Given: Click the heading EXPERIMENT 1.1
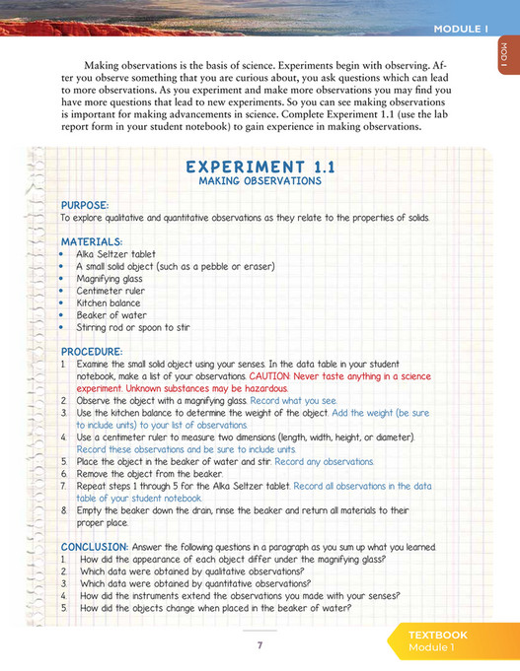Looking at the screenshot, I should tap(260, 167).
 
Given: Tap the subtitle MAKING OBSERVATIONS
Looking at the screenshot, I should tap(260, 181).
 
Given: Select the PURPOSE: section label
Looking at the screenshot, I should tap(85, 205).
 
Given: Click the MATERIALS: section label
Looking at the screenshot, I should tap(92, 241).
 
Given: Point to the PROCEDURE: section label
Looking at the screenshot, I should tap(92, 351).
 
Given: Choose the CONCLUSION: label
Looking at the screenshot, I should tap(95, 546).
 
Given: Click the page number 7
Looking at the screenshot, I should tap(260, 644).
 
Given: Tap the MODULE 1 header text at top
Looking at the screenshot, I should tap(461, 30).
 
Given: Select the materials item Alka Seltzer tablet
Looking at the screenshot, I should tap(115, 254).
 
